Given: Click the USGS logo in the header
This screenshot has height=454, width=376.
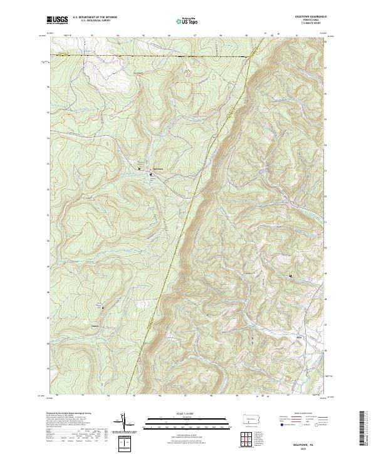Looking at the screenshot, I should (x=57, y=21).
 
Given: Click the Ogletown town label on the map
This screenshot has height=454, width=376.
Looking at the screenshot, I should (x=159, y=168).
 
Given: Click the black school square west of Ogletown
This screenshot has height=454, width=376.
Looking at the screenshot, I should (x=139, y=168).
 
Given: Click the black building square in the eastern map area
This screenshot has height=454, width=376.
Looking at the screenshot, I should (x=290, y=276).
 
